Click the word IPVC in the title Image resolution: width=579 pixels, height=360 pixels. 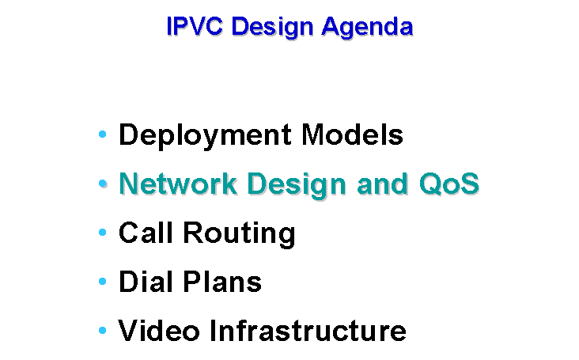(195, 26)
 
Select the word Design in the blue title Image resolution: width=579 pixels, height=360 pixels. (272, 28)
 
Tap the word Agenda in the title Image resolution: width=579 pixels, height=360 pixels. (367, 28)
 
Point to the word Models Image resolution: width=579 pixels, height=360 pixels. (352, 135)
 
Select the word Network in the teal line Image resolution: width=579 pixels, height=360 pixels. (178, 184)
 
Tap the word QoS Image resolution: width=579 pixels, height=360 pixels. (449, 184)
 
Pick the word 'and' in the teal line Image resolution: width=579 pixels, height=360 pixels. (382, 184)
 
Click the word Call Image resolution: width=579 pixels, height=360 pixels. (146, 233)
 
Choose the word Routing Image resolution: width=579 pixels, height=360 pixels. (239, 234)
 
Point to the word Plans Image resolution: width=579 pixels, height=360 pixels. (222, 282)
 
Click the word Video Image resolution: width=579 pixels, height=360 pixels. (159, 331)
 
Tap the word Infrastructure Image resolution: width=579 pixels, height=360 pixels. (308, 331)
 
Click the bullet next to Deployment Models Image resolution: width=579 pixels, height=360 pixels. (103, 134)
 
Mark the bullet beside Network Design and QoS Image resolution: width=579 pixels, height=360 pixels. (103, 183)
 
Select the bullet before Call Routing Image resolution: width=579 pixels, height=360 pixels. (103, 233)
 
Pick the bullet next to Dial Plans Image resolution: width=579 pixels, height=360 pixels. (103, 282)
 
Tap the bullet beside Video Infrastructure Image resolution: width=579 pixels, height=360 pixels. (103, 331)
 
